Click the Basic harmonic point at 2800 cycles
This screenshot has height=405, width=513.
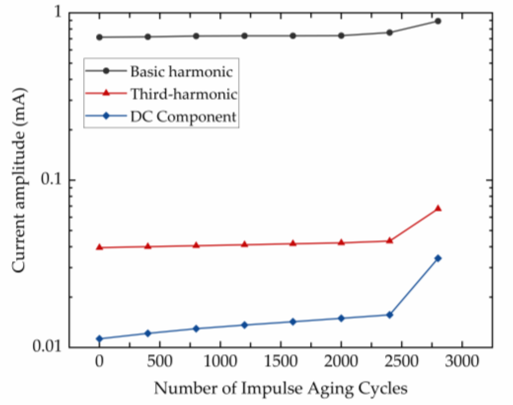[x=438, y=21]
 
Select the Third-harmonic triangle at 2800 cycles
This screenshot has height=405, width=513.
[x=438, y=208]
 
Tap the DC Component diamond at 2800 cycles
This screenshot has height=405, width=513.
[x=438, y=258]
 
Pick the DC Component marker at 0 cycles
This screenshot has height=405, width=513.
[x=99, y=339]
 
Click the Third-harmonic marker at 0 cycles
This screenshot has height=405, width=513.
[x=99, y=247]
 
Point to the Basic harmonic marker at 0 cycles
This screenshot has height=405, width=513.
[x=99, y=37]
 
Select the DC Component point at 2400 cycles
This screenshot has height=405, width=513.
[x=390, y=315]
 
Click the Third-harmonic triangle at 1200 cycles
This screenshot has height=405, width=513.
[x=244, y=244]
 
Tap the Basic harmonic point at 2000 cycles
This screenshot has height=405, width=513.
[x=341, y=36]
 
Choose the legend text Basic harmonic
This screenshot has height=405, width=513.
[x=182, y=72]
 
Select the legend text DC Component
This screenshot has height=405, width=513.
[x=183, y=117]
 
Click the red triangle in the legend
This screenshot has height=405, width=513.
[x=106, y=93]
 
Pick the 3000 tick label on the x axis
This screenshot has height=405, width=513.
[x=462, y=362]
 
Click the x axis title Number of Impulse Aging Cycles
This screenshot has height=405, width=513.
[x=281, y=389]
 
